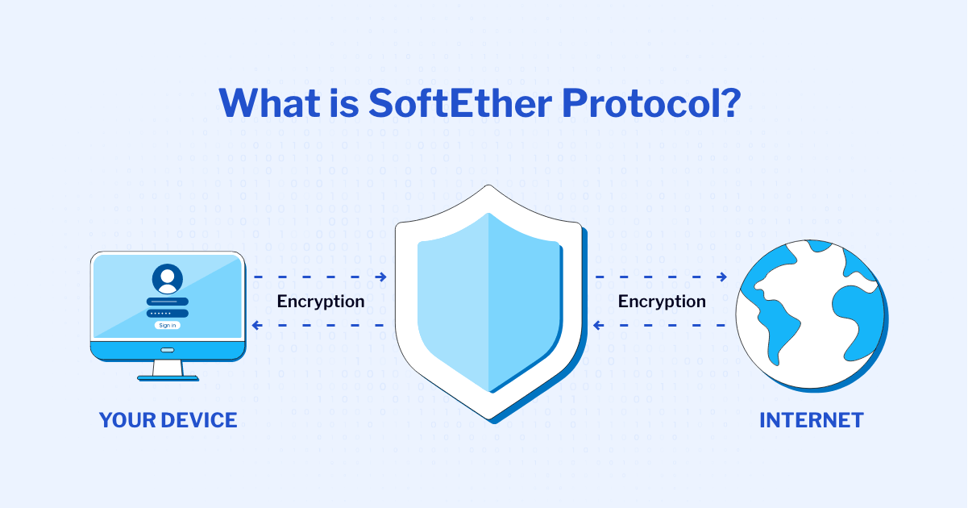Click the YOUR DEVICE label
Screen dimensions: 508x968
tap(168, 420)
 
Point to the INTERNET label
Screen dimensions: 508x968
tap(812, 420)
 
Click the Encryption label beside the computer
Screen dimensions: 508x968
tap(321, 302)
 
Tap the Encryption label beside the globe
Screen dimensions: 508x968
tap(662, 302)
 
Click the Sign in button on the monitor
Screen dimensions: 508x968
tap(167, 325)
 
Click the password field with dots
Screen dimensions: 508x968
tap(167, 313)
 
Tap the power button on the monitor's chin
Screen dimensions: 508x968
tap(167, 350)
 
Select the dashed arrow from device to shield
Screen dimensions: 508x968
tap(320, 277)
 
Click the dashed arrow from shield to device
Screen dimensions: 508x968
tap(320, 326)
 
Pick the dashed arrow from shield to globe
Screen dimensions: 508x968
tap(661, 277)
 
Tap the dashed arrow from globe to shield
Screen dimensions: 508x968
tap(661, 326)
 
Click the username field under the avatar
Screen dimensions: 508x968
tap(167, 302)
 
